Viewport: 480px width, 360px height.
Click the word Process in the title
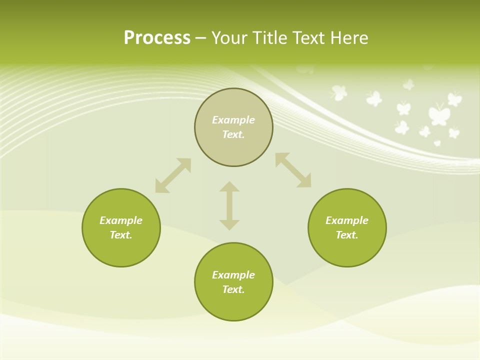click(x=157, y=38)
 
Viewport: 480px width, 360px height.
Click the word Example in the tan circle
click(x=233, y=120)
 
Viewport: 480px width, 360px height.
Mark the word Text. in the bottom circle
click(x=233, y=289)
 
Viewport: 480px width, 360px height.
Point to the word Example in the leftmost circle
click(x=121, y=220)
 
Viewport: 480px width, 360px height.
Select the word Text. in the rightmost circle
click(x=347, y=235)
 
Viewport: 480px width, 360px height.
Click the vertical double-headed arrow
click(x=229, y=205)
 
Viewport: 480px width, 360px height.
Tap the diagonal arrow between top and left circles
click(x=173, y=175)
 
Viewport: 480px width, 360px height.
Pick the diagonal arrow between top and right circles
click(x=293, y=170)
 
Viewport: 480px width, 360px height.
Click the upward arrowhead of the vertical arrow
click(x=229, y=186)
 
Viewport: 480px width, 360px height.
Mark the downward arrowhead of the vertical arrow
click(x=229, y=224)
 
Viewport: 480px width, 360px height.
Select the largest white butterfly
click(x=439, y=114)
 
